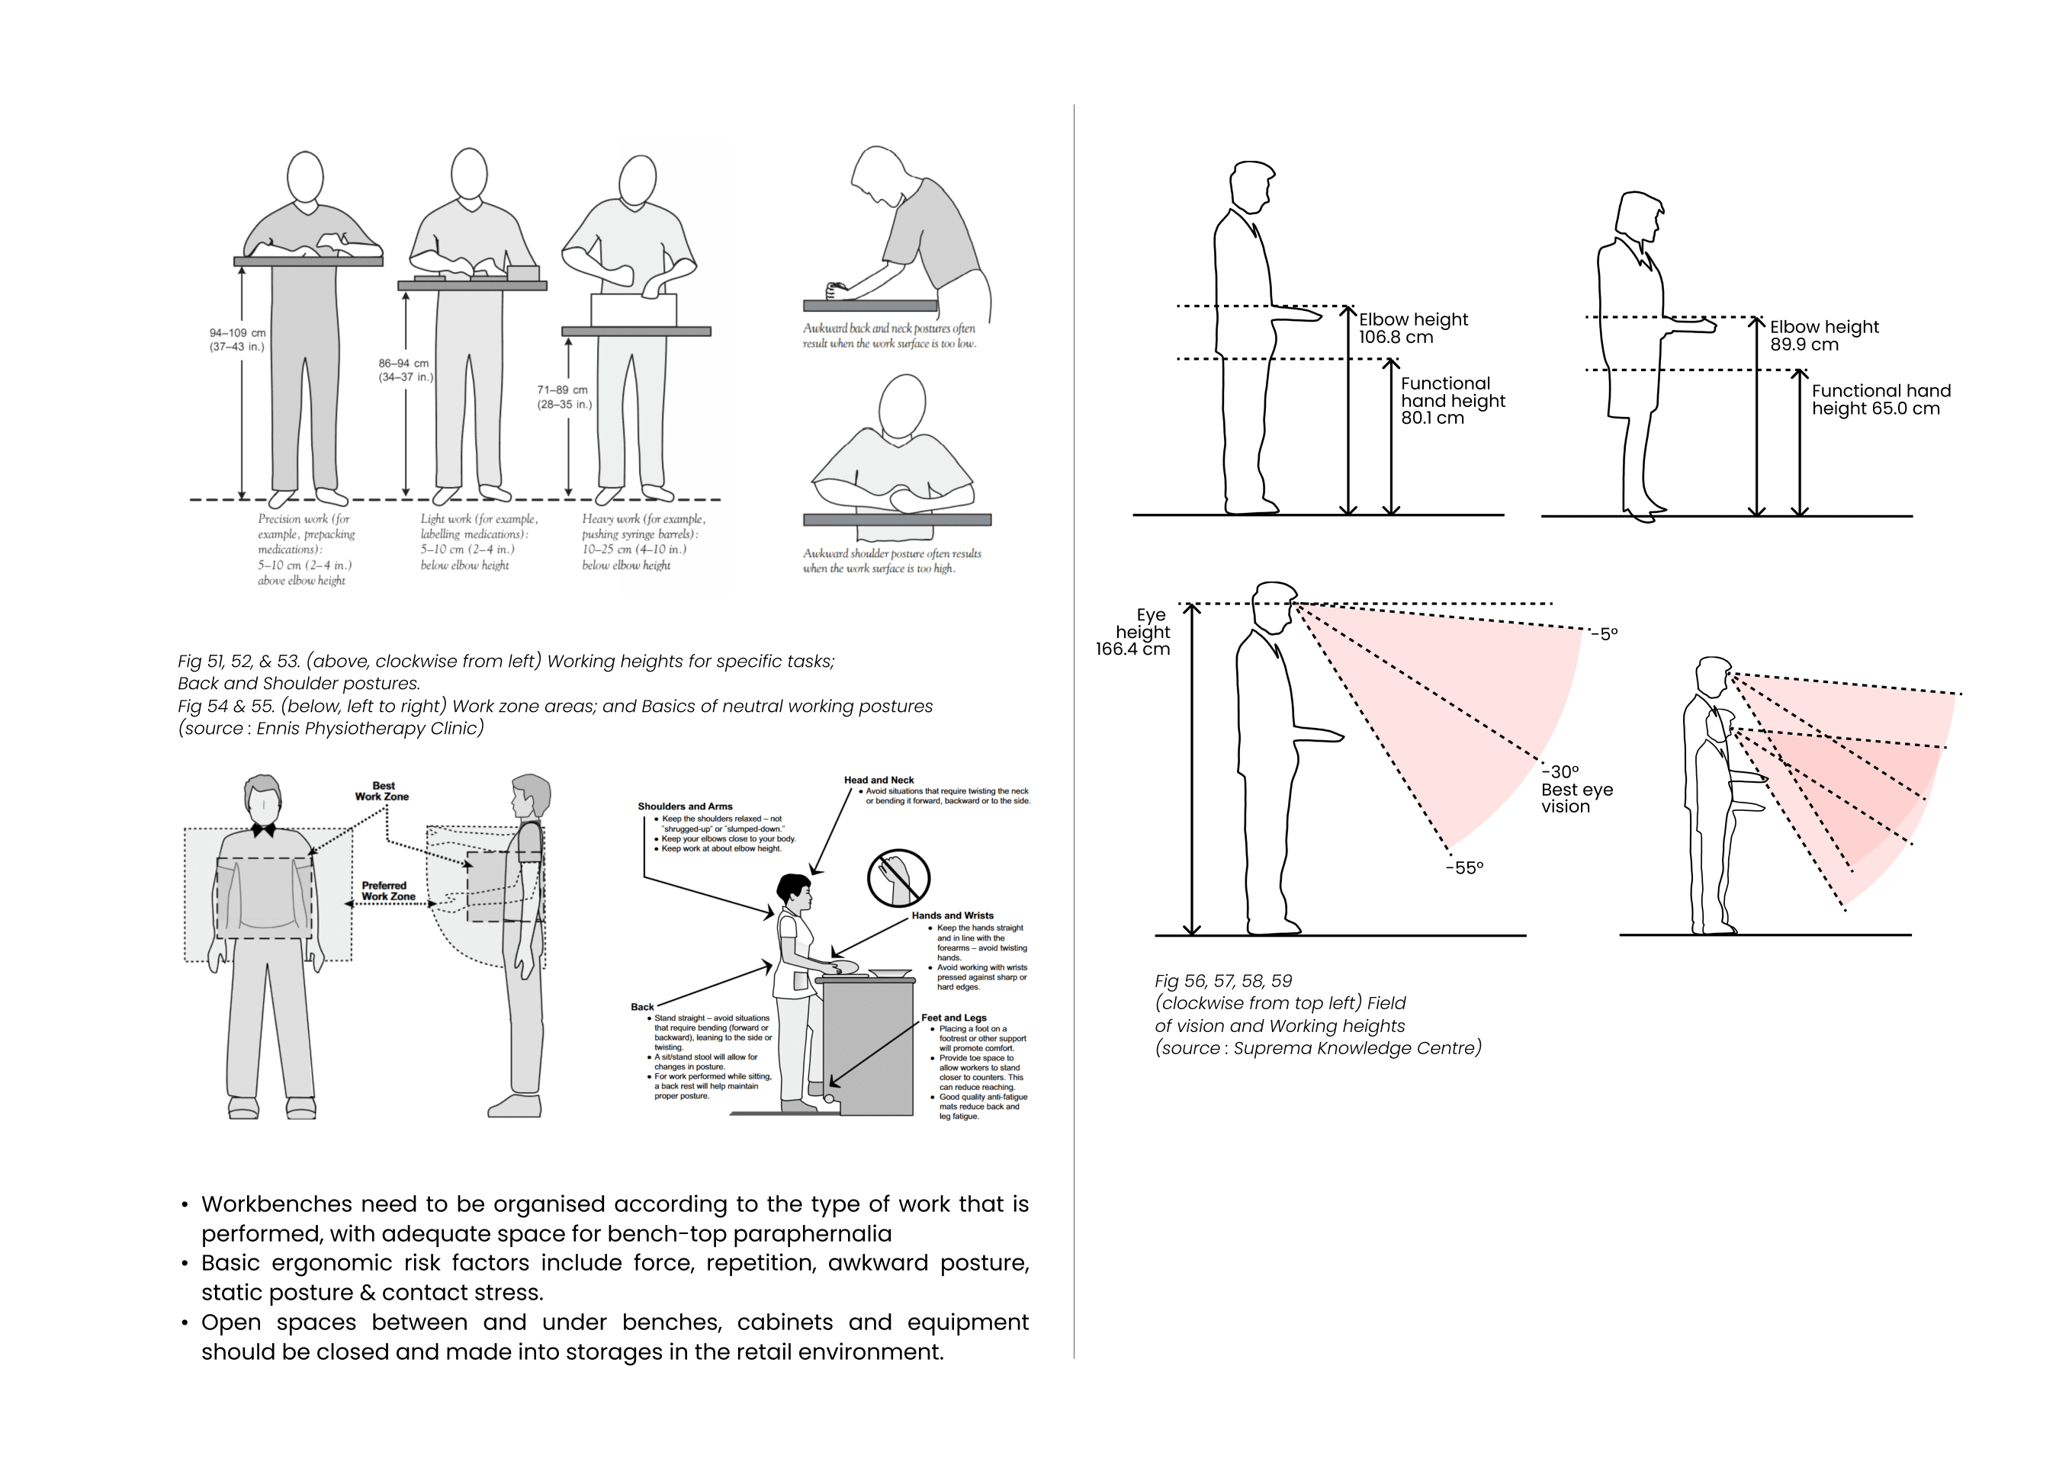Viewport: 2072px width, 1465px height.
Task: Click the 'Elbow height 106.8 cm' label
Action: click(1412, 329)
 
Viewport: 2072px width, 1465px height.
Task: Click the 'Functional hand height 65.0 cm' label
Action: click(1881, 399)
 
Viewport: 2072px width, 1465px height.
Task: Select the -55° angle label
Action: click(1463, 868)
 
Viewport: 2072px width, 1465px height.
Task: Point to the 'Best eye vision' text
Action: click(1576, 797)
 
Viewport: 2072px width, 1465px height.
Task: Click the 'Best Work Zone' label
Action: click(382, 791)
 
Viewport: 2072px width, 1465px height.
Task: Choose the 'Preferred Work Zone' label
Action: click(388, 891)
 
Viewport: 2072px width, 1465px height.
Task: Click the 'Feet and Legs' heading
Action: click(953, 1018)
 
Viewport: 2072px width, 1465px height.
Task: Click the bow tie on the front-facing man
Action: click(264, 829)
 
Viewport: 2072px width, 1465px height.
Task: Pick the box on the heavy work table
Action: click(634, 310)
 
